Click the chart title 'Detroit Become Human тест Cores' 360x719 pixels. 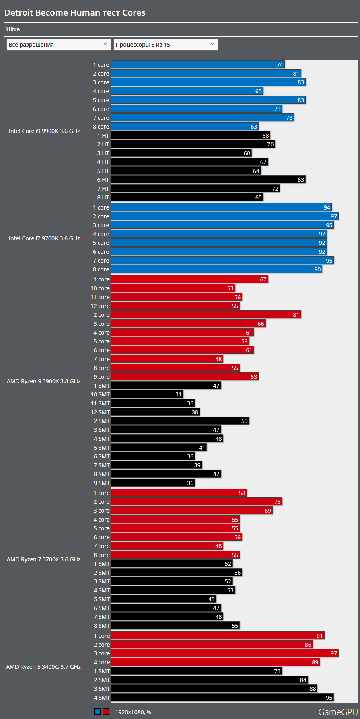click(75, 12)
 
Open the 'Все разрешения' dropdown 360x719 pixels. click(58, 45)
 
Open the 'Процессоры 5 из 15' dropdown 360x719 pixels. click(165, 45)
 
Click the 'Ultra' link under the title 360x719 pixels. click(13, 29)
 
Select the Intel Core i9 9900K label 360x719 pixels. click(44, 131)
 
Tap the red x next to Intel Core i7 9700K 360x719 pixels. click(84, 239)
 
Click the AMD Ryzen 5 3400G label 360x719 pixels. click(43, 667)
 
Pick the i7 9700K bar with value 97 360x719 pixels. click(224, 216)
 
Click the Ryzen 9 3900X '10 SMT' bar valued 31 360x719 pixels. click(147, 394)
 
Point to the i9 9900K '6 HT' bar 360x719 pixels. click(208, 180)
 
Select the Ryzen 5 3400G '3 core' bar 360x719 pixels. click(224, 653)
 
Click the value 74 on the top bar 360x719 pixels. click(280, 65)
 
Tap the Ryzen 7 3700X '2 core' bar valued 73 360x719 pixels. click(196, 502)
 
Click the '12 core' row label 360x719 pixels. click(100, 306)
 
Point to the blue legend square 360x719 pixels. click(97, 711)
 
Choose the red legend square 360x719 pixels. click(106, 711)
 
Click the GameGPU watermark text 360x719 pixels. click(337, 712)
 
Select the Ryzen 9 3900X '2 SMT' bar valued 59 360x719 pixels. click(180, 421)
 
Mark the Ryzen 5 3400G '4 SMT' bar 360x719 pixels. click(222, 698)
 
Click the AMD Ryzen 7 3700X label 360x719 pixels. click(43, 559)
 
